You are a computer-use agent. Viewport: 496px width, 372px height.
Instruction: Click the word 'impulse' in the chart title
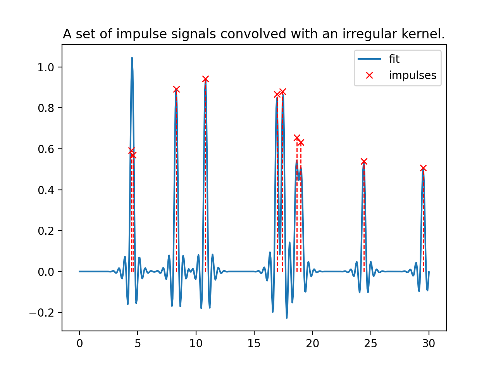click(x=138, y=34)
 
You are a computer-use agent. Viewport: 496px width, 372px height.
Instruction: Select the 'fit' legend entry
click(x=394, y=59)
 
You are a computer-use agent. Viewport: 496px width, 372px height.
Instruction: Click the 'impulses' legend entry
click(x=412, y=75)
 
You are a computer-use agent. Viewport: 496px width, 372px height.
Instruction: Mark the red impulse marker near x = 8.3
click(x=176, y=90)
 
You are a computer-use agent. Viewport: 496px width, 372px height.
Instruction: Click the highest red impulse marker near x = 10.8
click(x=205, y=79)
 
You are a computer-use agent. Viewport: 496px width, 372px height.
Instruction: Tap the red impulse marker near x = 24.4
click(x=364, y=162)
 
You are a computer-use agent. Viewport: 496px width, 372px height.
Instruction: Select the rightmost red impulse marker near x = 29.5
click(x=423, y=168)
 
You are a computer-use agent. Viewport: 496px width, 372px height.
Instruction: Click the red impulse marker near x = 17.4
click(x=282, y=92)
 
